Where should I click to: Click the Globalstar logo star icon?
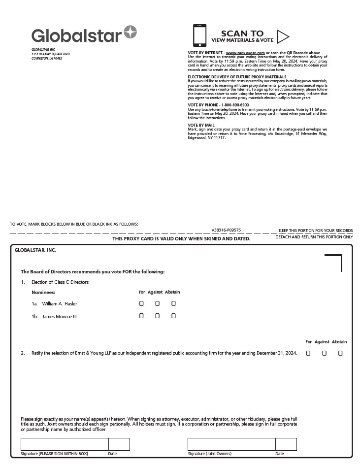coord(131,33)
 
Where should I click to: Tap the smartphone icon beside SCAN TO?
coord(199,35)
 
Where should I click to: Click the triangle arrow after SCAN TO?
coord(283,36)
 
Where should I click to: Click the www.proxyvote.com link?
coord(245,52)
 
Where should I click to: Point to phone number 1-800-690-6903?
coord(235,105)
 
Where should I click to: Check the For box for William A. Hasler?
coord(141,303)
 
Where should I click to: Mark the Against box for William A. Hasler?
coord(157,303)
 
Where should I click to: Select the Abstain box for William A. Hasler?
coord(173,303)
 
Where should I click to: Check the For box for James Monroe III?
coord(141,316)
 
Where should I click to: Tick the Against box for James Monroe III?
coord(157,316)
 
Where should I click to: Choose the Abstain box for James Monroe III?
coord(173,316)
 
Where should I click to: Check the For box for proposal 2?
coord(308,353)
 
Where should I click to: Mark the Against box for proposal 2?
coord(324,353)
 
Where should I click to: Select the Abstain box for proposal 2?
coord(340,353)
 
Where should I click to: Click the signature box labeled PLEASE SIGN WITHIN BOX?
coord(64,444)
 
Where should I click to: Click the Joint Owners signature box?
coord(231,444)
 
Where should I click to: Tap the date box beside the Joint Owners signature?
coord(286,444)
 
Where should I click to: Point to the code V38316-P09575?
coord(226,230)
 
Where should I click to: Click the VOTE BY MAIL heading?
coord(201,125)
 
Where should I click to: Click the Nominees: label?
coord(43,292)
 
